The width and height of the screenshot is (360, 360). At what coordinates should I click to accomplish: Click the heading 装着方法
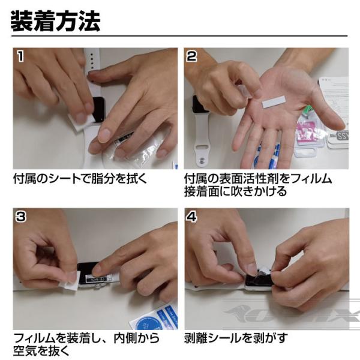pos(55,22)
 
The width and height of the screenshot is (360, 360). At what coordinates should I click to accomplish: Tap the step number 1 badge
pos(20,56)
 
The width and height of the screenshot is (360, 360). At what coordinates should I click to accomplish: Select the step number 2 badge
pos(192,56)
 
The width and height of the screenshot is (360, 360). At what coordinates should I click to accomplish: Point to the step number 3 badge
pos(20,217)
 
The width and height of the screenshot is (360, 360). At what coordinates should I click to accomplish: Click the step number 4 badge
pos(192,217)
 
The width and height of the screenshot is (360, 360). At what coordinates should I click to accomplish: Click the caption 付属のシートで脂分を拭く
pos(80,178)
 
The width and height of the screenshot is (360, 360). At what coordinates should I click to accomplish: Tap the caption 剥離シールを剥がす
pos(236,338)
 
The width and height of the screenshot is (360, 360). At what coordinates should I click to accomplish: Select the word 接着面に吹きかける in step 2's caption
pos(236,191)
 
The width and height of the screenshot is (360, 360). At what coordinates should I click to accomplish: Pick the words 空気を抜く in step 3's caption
pos(41,350)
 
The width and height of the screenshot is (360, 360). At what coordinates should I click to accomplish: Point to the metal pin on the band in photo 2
pos(202,160)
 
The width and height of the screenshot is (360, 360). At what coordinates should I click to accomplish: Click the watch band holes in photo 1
pos(92,61)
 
